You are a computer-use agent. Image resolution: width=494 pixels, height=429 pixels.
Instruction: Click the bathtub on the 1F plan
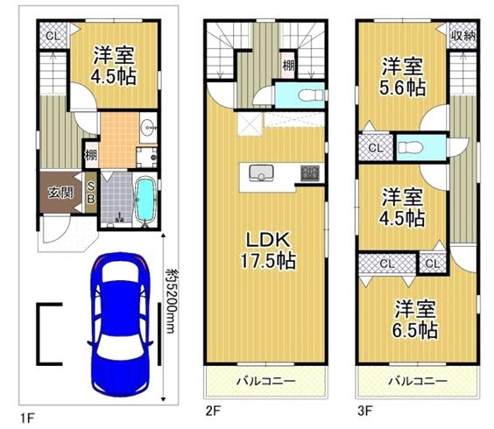(x=145, y=199)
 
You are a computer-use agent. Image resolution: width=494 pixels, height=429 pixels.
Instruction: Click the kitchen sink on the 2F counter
(x=260, y=172)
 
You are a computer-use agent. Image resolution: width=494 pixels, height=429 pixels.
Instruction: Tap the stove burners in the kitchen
(x=309, y=172)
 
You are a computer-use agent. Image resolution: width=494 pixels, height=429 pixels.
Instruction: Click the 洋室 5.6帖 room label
(x=403, y=76)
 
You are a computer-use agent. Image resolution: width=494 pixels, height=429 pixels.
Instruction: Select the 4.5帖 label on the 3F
(x=404, y=216)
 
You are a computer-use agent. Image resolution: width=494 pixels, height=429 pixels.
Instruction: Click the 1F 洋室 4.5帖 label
(x=115, y=62)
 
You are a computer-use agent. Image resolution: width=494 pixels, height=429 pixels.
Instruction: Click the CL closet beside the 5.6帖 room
(x=374, y=148)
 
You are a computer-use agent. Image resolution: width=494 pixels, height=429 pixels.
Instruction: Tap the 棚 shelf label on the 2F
(x=287, y=64)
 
